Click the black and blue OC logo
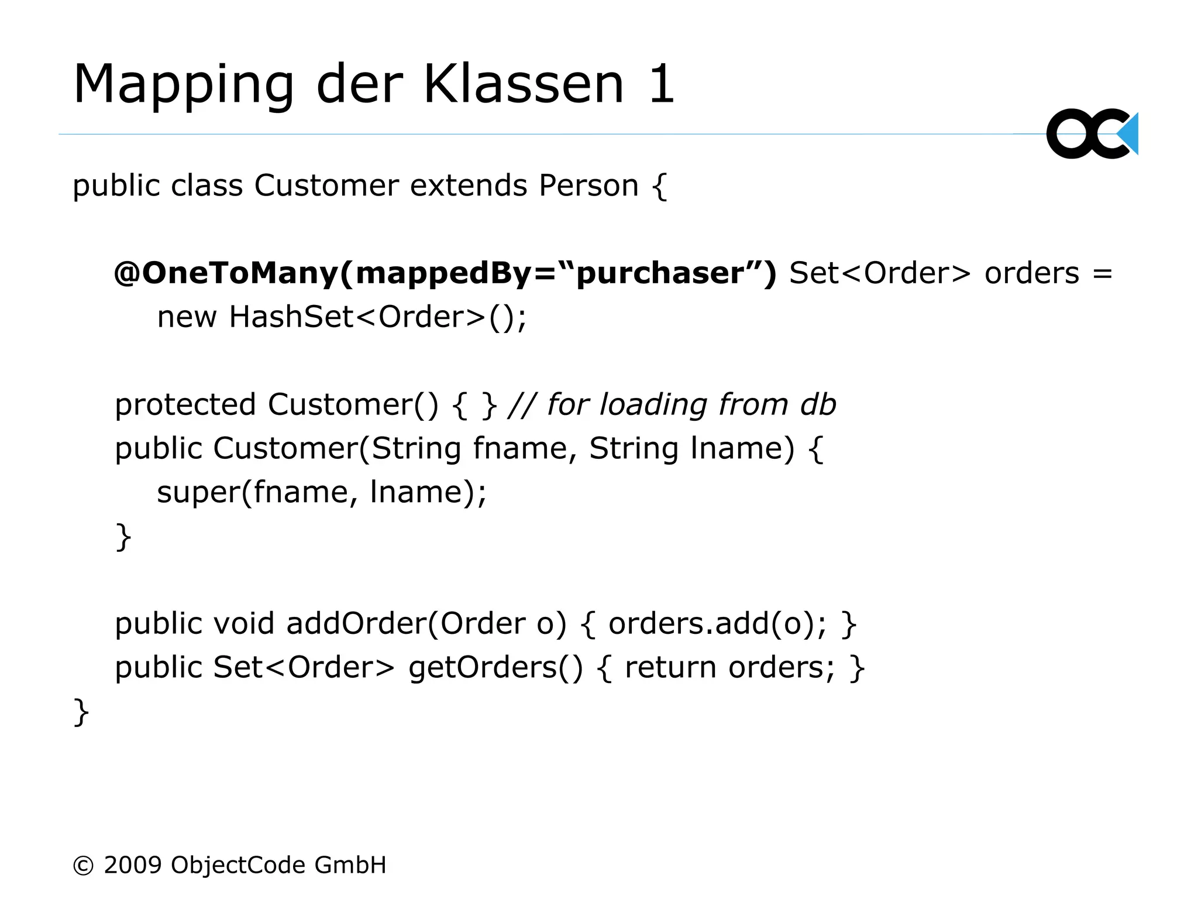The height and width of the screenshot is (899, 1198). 1092,133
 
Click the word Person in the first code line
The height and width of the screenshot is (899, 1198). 588,186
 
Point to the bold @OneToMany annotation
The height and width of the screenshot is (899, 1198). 225,273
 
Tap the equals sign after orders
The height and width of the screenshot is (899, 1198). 1102,274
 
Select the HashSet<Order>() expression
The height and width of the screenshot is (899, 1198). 377,317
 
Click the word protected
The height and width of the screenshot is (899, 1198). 185,405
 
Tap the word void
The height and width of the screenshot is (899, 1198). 243,623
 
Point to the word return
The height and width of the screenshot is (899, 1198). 670,667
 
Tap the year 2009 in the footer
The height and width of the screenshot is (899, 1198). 133,865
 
